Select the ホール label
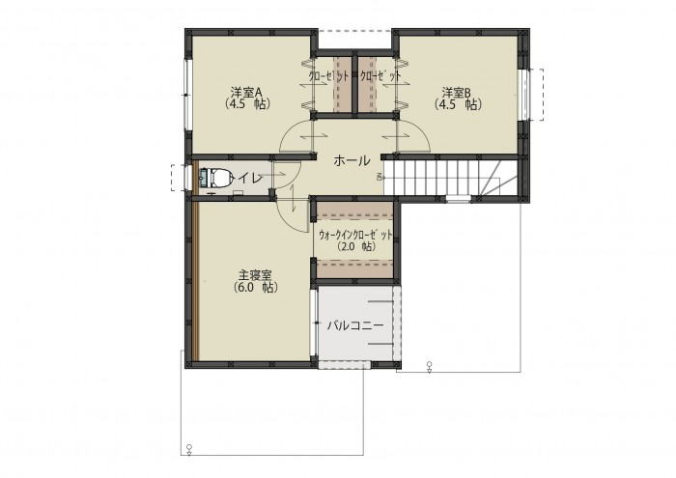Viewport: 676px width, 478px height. (352, 160)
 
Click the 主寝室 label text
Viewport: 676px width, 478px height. (255, 274)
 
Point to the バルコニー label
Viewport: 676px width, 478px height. (354, 325)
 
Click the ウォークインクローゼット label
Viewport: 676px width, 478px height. (355, 235)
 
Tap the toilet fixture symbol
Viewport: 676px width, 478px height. (213, 177)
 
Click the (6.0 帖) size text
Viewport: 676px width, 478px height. (255, 288)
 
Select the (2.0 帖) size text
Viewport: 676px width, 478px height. (355, 246)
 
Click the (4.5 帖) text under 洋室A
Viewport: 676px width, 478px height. (247, 104)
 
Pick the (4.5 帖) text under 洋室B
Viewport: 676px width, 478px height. (458, 104)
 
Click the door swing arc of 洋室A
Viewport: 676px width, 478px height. (288, 130)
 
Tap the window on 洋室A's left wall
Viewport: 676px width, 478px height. (186, 95)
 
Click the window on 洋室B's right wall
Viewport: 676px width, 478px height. (523, 95)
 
